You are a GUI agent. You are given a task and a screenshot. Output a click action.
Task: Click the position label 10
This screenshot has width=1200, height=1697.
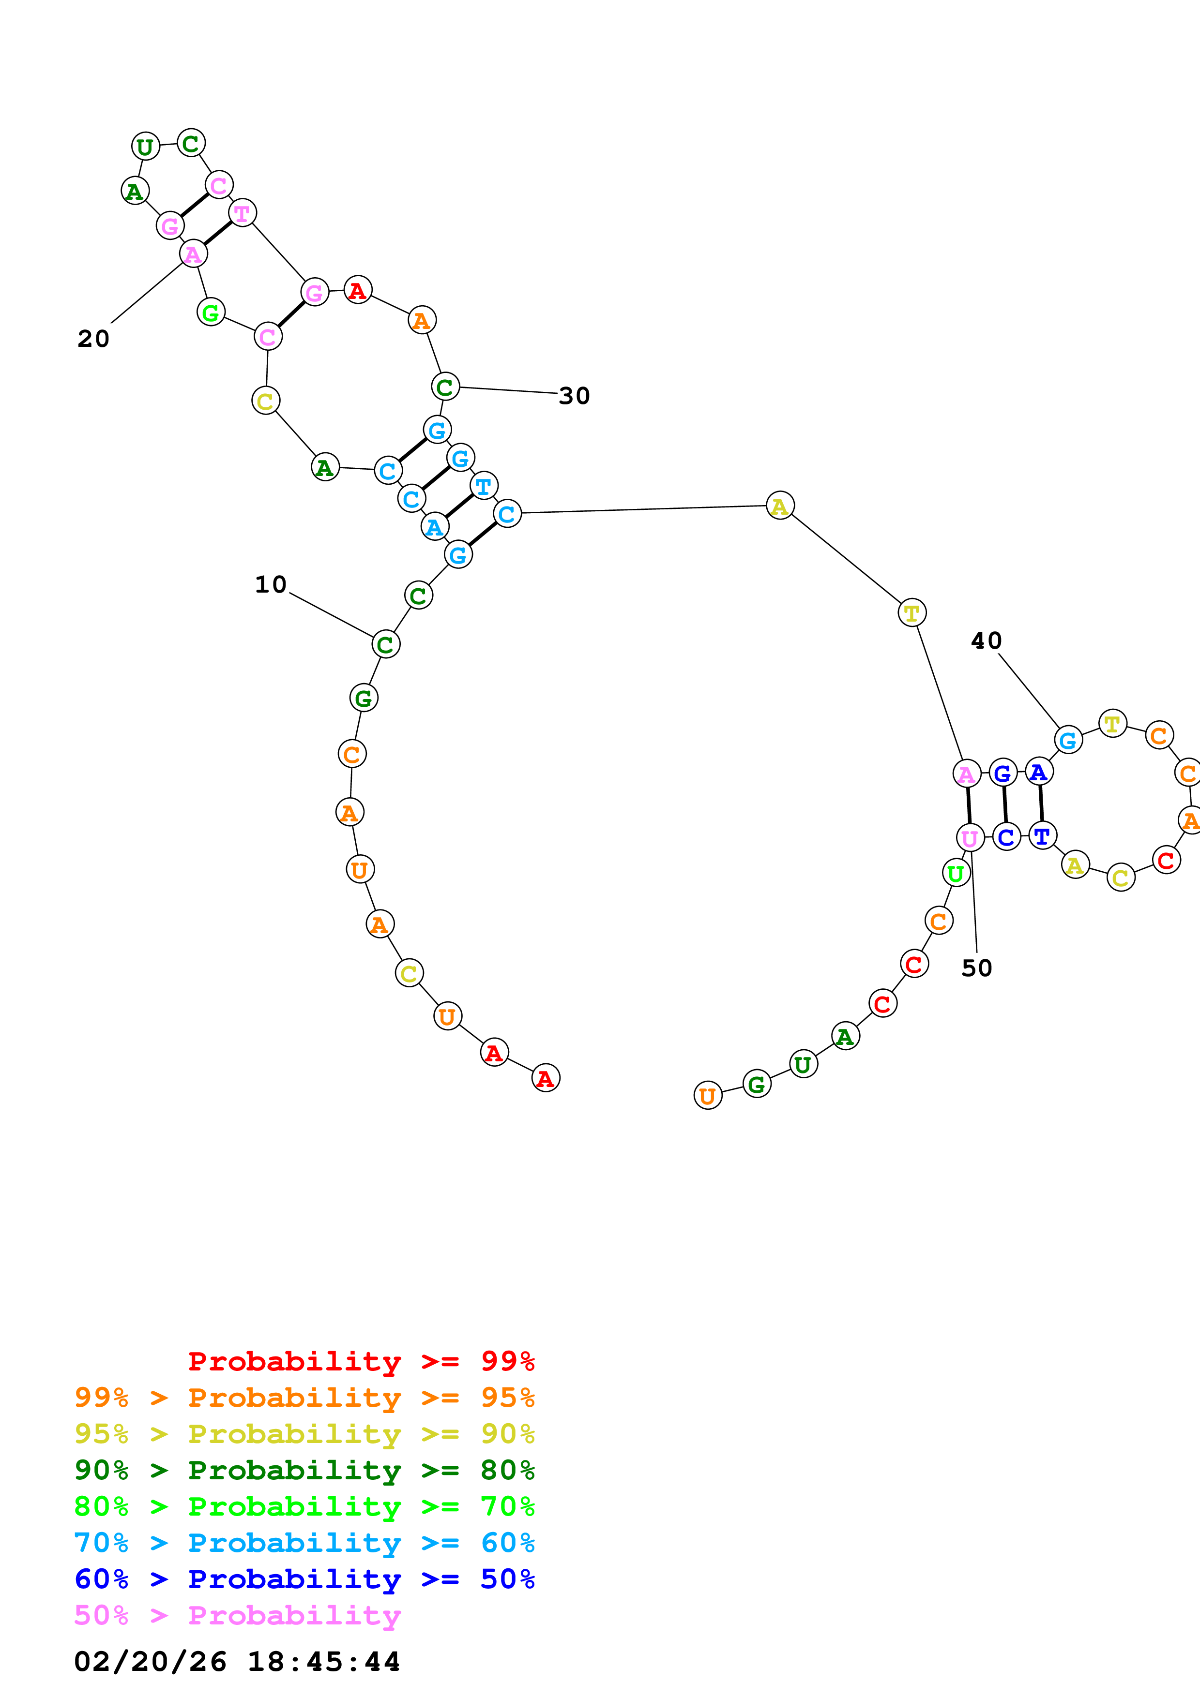[x=271, y=585]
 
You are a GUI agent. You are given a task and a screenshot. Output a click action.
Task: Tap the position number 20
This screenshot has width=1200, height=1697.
[x=93, y=339]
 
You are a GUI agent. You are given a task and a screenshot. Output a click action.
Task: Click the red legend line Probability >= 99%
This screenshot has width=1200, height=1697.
[x=361, y=1361]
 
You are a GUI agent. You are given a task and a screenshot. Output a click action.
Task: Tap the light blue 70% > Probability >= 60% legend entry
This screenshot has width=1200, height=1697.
[x=304, y=1543]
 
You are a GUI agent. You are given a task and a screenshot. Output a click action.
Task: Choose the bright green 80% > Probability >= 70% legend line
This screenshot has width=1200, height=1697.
[x=304, y=1506]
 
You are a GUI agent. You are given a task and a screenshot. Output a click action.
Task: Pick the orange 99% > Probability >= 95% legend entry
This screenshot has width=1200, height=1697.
[x=304, y=1397]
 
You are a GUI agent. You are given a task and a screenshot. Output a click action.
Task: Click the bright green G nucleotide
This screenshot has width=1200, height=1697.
[x=211, y=313]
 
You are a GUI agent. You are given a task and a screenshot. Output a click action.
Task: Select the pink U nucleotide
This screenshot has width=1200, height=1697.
[x=969, y=838]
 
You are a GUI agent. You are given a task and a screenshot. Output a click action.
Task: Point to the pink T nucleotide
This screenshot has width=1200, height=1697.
[x=242, y=214]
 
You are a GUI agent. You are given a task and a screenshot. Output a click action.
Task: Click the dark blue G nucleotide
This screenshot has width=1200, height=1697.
[x=1003, y=773]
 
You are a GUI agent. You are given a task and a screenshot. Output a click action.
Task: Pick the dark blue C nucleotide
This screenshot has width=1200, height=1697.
[x=1005, y=837]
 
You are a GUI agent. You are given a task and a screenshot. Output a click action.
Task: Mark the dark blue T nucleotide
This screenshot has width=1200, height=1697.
[x=1042, y=836]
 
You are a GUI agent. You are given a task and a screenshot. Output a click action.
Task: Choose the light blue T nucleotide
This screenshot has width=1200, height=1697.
[x=484, y=486]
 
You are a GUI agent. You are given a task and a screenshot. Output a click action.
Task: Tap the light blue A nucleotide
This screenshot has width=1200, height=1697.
[x=435, y=527]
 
